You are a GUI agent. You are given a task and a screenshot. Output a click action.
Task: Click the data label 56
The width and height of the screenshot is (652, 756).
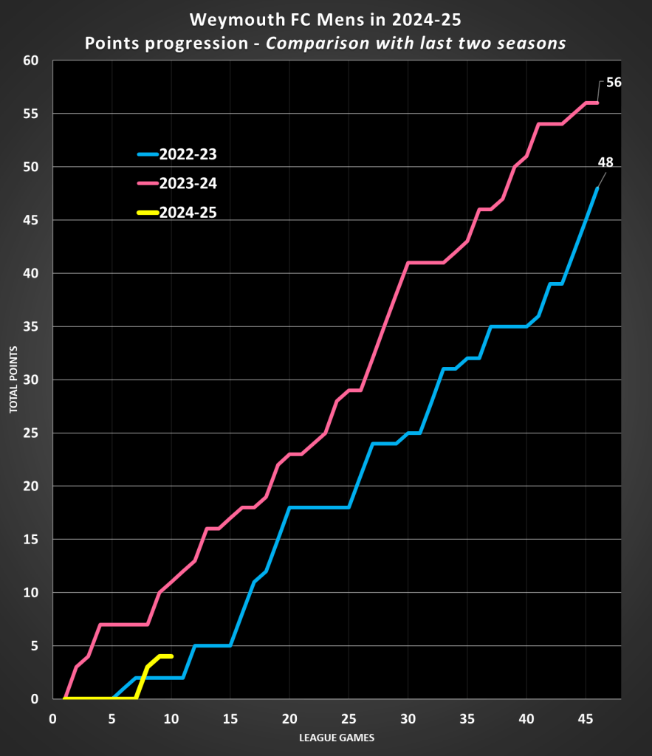pos(614,83)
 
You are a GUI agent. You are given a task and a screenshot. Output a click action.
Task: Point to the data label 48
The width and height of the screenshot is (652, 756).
pos(605,162)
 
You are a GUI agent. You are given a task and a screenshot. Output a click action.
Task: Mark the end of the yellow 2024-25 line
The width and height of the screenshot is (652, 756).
pos(171,656)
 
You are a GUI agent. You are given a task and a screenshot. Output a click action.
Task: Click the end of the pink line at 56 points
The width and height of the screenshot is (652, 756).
pos(597,103)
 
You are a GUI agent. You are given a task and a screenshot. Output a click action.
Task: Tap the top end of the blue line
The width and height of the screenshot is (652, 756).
pos(597,188)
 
